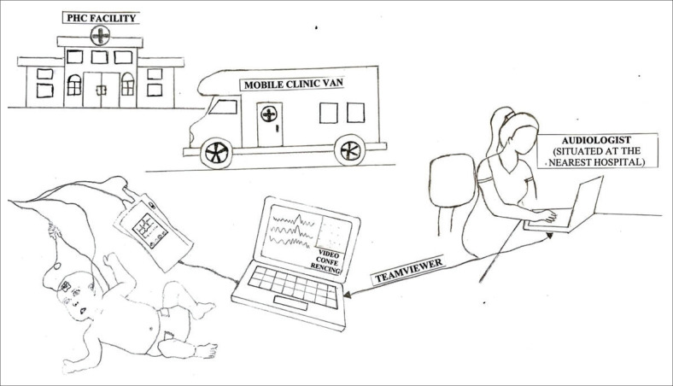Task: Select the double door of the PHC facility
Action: [x=99, y=88]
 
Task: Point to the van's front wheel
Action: [x=214, y=154]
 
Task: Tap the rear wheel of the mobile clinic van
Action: [x=349, y=153]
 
